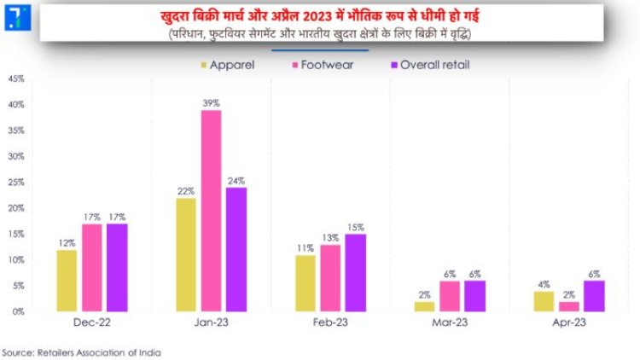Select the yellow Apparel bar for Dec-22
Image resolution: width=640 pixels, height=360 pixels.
point(67,281)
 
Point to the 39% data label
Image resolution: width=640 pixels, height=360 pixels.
point(211,103)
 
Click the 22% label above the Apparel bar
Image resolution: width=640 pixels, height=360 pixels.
point(185,191)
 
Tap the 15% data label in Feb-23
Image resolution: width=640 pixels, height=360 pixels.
point(355,227)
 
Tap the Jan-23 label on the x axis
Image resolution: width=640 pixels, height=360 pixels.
point(211,325)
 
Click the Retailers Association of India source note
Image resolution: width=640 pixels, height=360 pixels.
point(81,351)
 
